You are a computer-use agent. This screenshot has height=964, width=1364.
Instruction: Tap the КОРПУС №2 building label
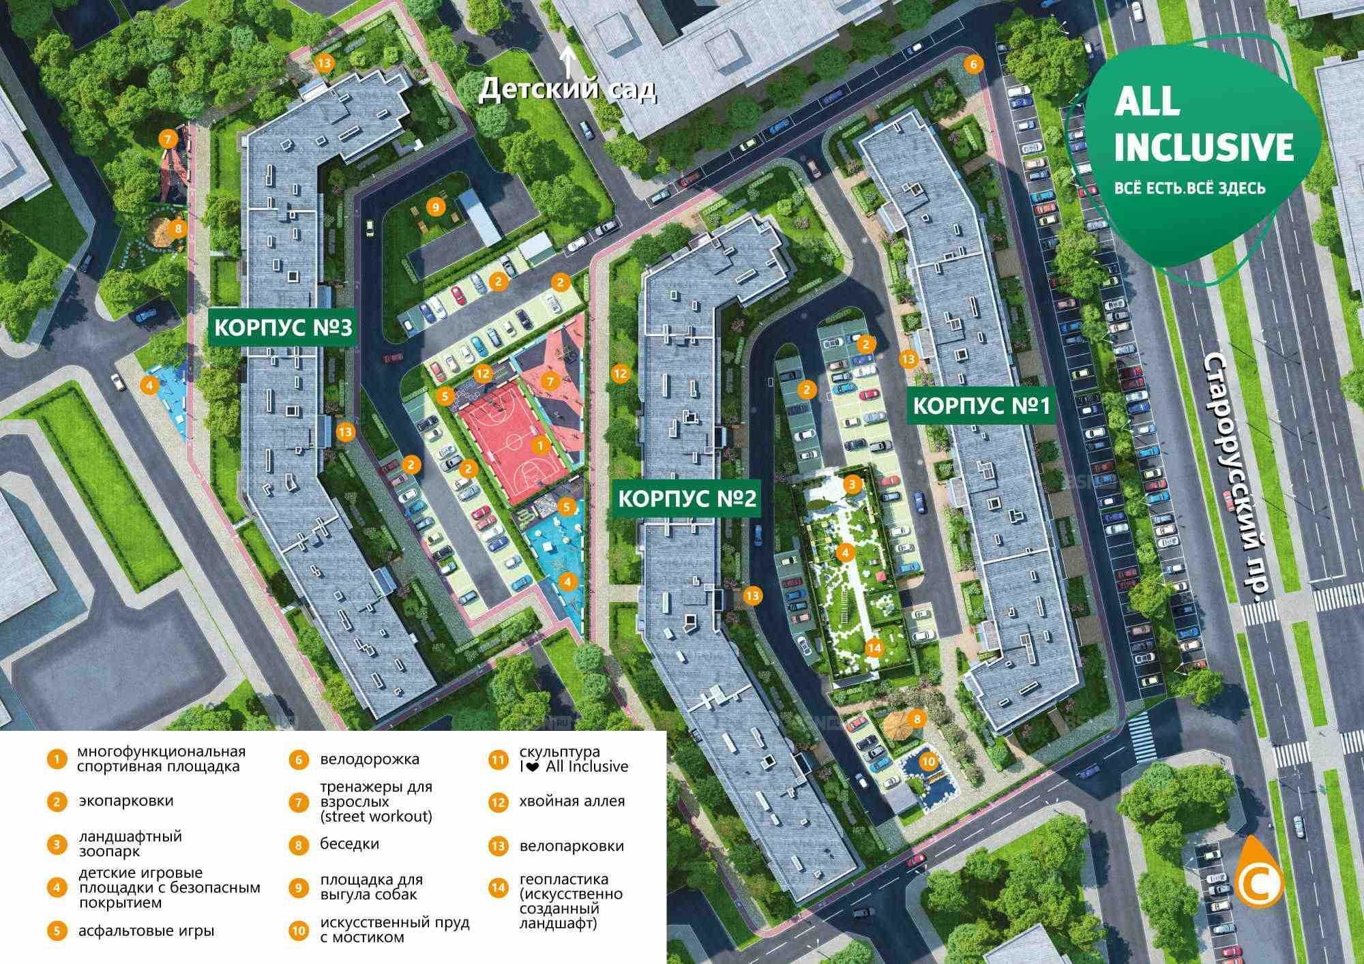[687, 499]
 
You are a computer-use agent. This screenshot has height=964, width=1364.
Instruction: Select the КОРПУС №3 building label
[283, 329]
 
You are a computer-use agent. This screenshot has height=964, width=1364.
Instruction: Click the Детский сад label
[567, 90]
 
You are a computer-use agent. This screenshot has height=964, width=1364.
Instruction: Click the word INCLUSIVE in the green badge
[1204, 147]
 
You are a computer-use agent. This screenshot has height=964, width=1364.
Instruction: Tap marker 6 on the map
[973, 65]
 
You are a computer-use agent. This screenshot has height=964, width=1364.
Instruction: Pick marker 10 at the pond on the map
[927, 761]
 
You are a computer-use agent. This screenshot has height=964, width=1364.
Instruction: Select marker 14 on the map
[874, 647]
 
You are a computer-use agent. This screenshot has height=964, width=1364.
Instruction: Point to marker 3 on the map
[853, 485]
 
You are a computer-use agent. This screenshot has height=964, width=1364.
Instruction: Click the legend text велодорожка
[370, 759]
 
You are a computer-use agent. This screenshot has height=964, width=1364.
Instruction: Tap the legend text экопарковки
[126, 800]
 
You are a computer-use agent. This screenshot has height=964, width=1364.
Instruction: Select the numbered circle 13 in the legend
[499, 847]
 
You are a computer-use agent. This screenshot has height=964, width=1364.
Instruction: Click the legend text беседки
[349, 843]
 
